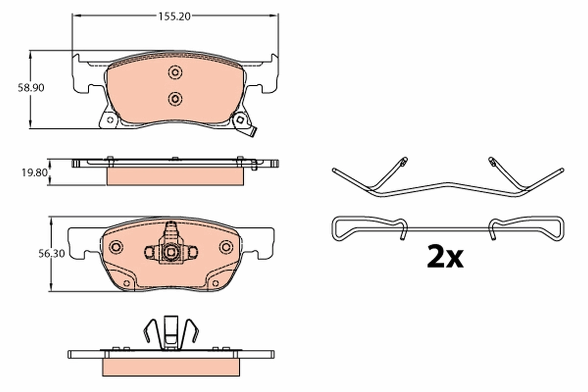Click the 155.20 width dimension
click(174, 16)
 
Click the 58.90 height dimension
click(19, 88)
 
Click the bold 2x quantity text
click(444, 257)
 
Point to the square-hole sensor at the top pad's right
click(241, 119)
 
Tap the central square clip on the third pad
click(171, 252)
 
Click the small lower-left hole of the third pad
click(126, 284)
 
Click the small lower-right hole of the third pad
click(216, 284)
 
